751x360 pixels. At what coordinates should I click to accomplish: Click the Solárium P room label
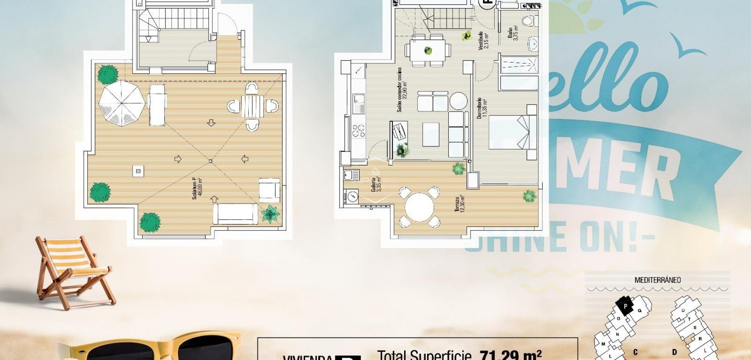coord(197,189)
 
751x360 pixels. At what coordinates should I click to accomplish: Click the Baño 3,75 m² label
coord(513,33)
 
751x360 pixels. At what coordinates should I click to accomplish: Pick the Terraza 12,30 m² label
coord(460,204)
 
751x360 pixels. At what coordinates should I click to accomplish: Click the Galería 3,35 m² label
coord(376,184)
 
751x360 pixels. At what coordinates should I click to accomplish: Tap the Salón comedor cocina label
coord(402,90)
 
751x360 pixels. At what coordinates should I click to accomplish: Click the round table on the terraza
coord(419,207)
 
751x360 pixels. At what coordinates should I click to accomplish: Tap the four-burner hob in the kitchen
coord(359,131)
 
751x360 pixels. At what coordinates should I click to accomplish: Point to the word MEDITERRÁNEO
coord(657,280)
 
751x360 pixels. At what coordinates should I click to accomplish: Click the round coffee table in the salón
coord(458,101)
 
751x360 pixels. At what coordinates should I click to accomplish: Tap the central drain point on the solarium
coord(210,161)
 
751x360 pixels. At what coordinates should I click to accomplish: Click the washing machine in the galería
coord(352,196)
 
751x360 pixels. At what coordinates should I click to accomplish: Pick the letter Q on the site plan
coord(640,310)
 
